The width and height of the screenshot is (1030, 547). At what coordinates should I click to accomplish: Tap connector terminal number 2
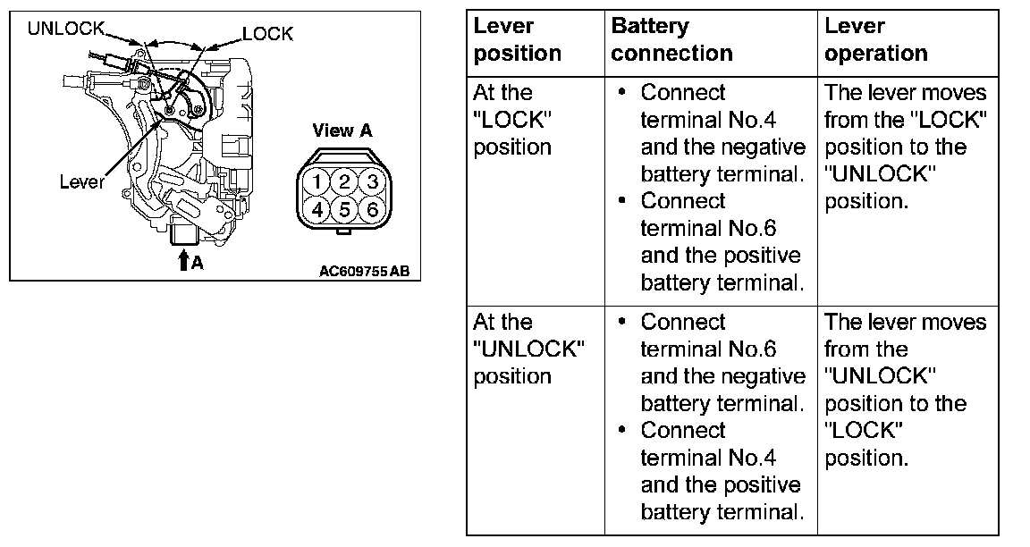point(343,182)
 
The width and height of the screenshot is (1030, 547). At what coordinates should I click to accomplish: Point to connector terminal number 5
point(343,210)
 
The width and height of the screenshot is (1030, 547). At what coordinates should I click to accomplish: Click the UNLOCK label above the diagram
point(66,29)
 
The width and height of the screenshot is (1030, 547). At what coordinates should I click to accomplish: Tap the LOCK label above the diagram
point(267,34)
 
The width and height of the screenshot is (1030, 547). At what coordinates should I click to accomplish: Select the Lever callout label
point(82,182)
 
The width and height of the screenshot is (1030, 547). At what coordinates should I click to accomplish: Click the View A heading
point(342,130)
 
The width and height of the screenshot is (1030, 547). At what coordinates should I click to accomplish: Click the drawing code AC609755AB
point(364,270)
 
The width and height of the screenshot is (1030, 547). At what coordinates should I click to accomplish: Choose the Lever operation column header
point(876,39)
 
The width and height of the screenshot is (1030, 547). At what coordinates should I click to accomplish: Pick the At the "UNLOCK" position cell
point(528,349)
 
